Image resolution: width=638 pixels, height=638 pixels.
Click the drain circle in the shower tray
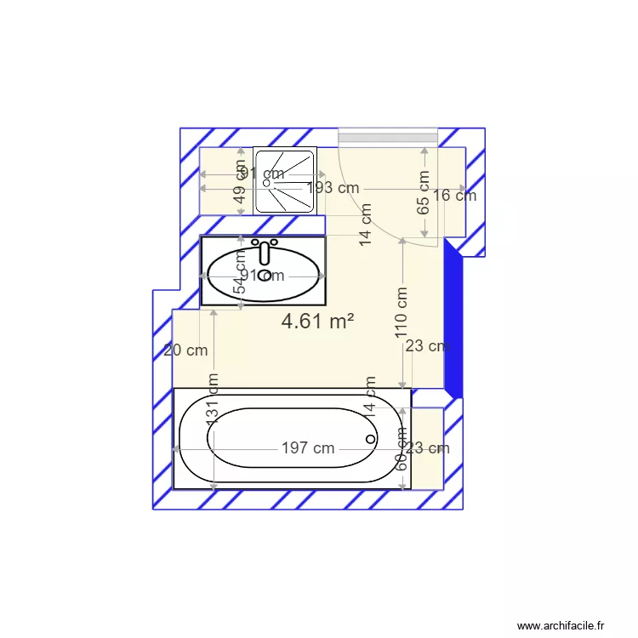coord(266,182)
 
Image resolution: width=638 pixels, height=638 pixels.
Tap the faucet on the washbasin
coord(265,253)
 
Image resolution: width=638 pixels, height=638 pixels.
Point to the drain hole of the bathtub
coord(370,439)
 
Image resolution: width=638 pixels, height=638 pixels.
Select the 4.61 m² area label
coord(316,321)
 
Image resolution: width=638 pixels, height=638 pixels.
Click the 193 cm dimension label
coord(333,188)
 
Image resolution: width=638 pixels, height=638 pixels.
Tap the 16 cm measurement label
coord(454,195)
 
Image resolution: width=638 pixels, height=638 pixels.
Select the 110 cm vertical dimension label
coord(402,313)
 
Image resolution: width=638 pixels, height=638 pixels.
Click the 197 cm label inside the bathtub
coord(308,448)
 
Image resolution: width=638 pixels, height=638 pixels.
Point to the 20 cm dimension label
coord(185,350)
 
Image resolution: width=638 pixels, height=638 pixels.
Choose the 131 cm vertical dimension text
coord(213,397)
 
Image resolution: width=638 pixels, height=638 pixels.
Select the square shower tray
coord(285,181)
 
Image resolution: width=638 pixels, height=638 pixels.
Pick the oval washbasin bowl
coord(264,275)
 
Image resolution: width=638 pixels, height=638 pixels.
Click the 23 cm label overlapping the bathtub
coord(427,448)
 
